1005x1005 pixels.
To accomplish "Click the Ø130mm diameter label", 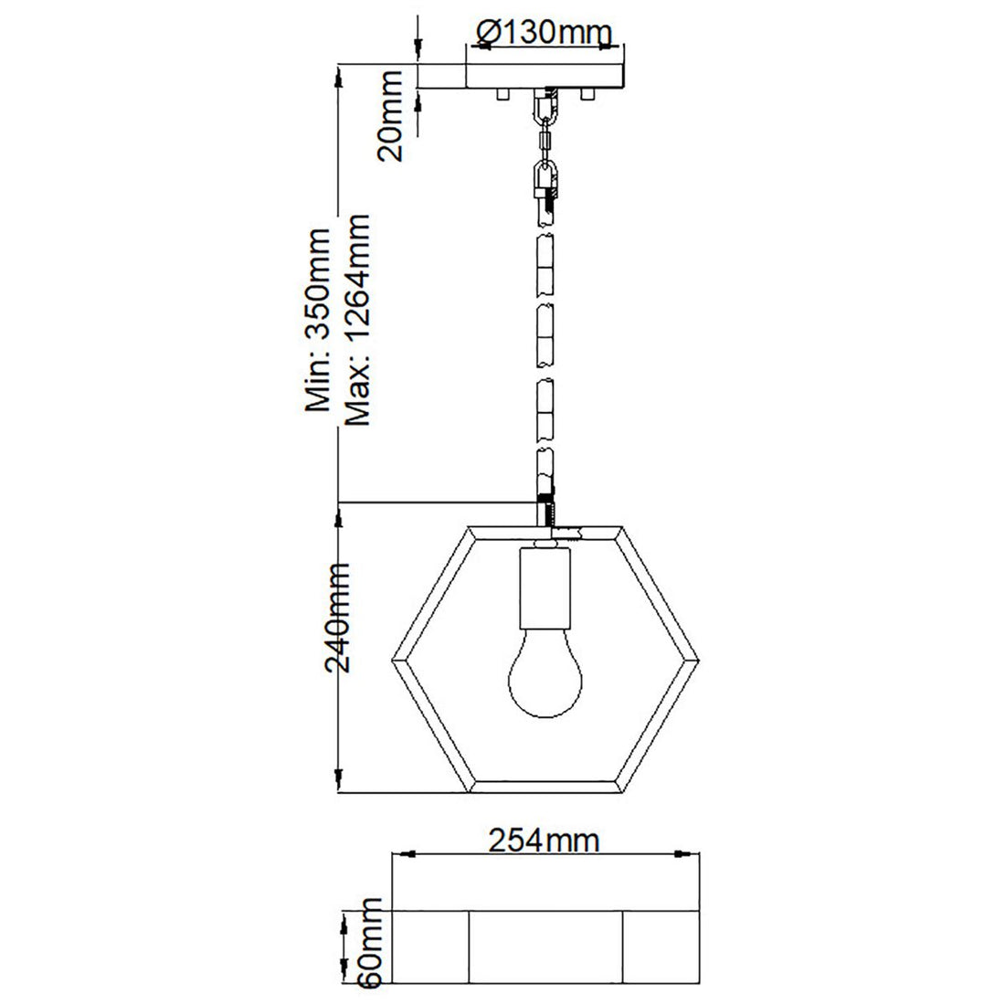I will [543, 34].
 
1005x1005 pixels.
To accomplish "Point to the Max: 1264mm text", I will [357, 321].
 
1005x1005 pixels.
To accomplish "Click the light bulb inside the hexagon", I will [545, 677].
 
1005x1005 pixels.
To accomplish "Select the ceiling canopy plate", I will [545, 76].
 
